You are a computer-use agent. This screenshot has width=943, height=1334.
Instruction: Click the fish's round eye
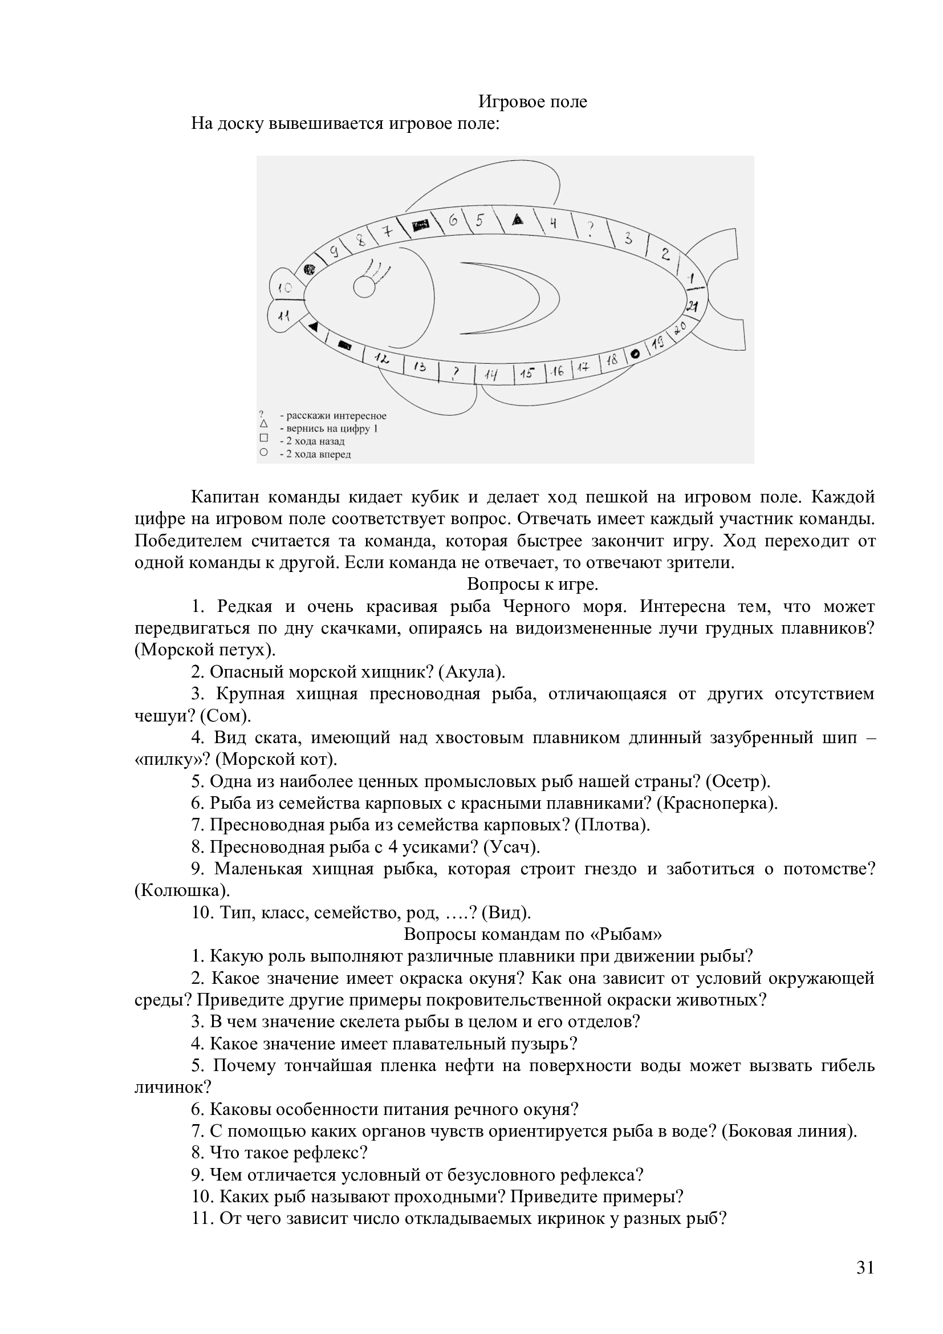[365, 287]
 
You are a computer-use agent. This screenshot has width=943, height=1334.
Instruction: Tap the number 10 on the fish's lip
[284, 287]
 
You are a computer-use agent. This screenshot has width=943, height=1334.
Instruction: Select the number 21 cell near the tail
[693, 306]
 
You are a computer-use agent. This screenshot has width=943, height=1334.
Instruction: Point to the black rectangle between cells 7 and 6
[420, 224]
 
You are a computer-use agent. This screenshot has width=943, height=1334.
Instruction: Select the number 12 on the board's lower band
[381, 359]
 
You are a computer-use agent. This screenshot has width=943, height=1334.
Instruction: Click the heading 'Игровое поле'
[533, 102]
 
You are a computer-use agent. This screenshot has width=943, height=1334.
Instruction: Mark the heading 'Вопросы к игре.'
[533, 583]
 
